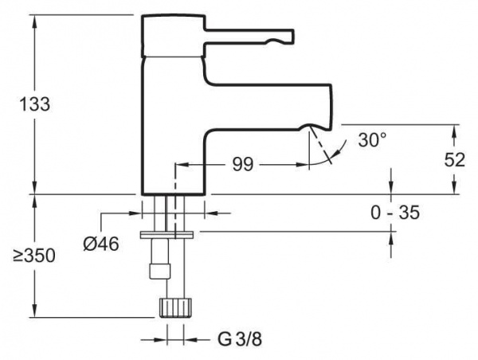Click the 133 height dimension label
tap(35, 104)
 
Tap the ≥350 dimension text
tap(34, 256)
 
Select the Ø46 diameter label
tap(101, 244)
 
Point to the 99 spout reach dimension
tap(243, 165)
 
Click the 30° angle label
tap(372, 140)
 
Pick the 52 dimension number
tap(455, 159)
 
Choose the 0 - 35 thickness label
tap(395, 212)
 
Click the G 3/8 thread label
tap(240, 339)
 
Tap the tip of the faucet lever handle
tap(293, 35)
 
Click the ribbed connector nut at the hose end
tap(175, 308)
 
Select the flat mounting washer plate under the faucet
tap(167, 235)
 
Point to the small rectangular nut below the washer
tap(159, 271)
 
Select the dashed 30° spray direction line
tap(319, 145)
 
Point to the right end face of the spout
tap(331, 107)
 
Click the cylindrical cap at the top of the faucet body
tap(174, 35)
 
